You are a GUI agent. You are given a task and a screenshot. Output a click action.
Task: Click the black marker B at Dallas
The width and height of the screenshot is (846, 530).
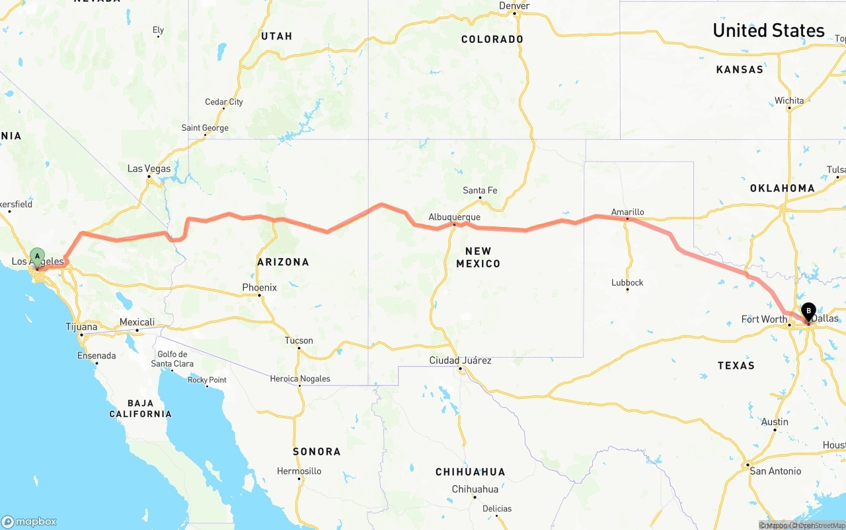(x=808, y=311)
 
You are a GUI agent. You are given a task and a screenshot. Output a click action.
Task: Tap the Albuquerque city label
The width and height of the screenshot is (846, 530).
(x=454, y=216)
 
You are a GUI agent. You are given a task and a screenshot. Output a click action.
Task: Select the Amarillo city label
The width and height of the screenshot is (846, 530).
(x=627, y=212)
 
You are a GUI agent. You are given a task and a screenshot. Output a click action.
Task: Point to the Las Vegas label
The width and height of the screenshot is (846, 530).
(x=149, y=168)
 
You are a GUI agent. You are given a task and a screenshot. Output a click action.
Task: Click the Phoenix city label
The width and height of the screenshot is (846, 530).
(x=259, y=287)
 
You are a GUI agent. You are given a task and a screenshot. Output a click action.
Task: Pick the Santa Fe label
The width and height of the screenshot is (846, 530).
(x=480, y=190)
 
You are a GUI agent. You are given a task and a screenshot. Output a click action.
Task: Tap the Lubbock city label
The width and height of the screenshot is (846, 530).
(x=627, y=282)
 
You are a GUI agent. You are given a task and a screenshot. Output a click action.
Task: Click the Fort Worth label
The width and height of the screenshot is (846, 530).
(x=764, y=319)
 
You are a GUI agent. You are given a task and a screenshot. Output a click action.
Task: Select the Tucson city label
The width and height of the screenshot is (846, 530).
(x=299, y=341)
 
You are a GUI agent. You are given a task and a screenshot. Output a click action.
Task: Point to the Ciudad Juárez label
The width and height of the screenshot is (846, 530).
(x=460, y=360)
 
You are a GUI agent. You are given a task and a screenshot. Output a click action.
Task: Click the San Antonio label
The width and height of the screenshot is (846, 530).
(x=775, y=471)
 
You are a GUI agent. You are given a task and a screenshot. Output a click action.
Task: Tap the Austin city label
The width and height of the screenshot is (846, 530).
(x=775, y=422)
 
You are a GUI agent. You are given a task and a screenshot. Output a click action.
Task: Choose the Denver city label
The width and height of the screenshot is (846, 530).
(x=514, y=6)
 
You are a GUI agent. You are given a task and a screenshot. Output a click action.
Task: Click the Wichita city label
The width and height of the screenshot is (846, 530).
(x=789, y=100)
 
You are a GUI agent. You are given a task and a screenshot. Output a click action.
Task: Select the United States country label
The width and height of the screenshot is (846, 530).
(x=768, y=30)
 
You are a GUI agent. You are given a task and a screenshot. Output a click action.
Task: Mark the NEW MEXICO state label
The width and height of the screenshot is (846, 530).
(x=478, y=257)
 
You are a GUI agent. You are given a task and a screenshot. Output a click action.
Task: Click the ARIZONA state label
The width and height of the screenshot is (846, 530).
(x=283, y=262)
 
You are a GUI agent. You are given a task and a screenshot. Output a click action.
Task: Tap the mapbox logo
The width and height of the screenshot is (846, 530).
(x=29, y=521)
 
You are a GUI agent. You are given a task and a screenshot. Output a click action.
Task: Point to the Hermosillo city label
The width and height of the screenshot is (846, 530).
(x=299, y=471)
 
